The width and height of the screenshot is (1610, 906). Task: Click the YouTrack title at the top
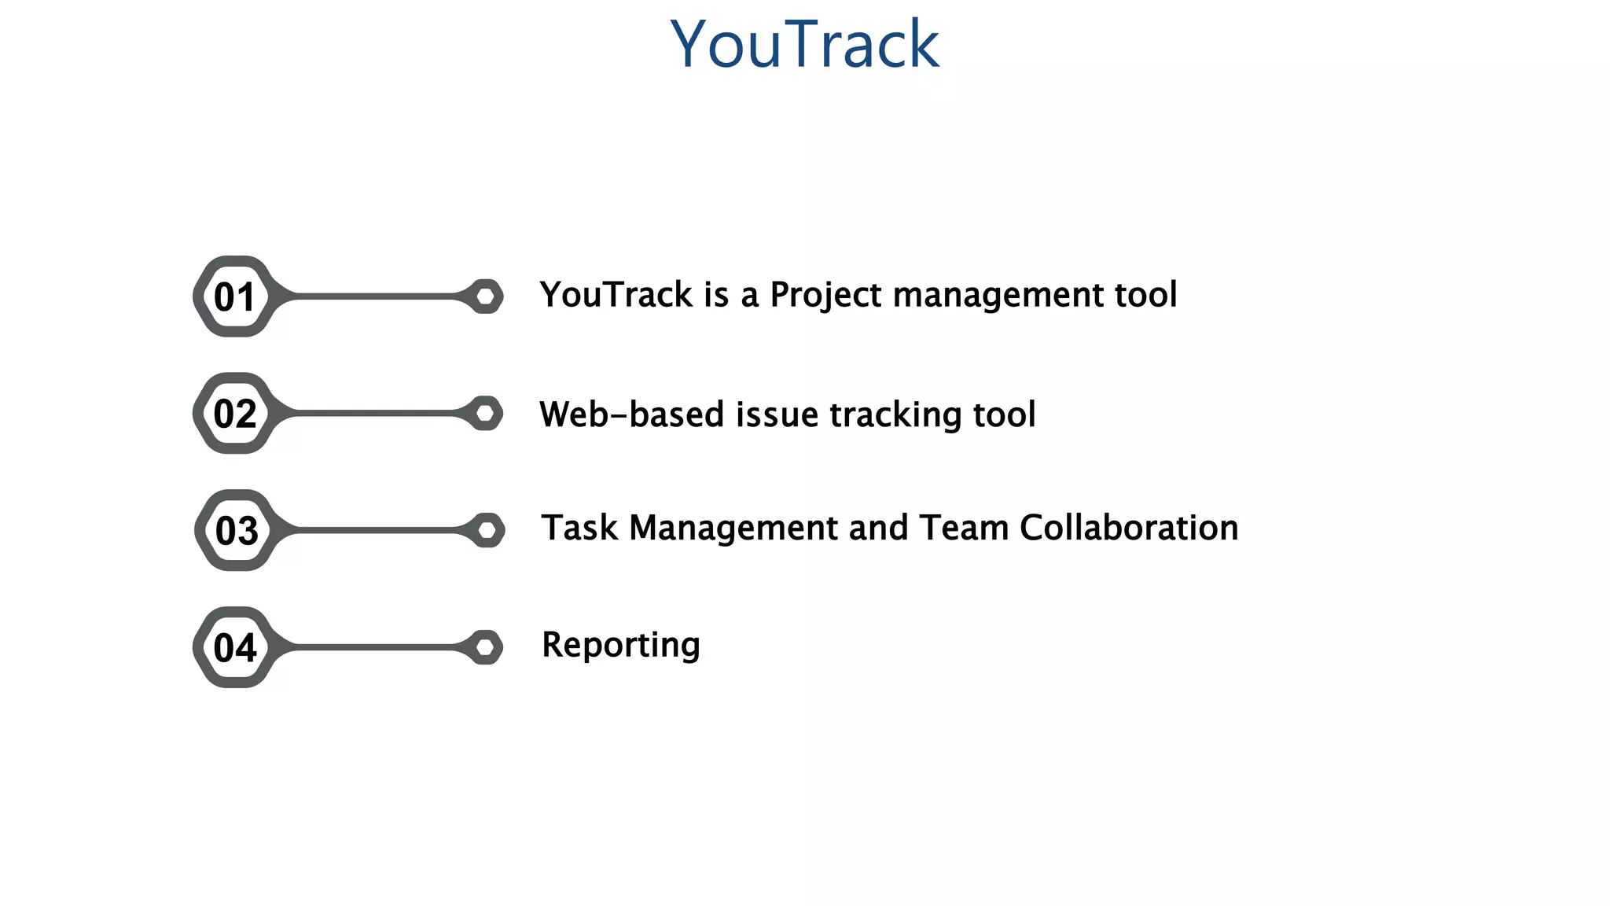(804, 44)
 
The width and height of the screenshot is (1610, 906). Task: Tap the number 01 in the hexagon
(234, 297)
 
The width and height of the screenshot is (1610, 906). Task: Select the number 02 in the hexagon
(234, 414)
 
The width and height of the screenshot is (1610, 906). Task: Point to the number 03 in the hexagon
(236, 531)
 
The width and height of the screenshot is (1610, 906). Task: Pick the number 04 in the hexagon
(234, 648)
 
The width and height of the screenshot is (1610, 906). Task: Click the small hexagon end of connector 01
(486, 296)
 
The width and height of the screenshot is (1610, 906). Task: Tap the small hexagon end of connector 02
(486, 413)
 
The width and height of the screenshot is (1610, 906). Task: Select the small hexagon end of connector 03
(487, 530)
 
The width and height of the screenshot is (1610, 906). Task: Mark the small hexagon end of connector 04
(486, 647)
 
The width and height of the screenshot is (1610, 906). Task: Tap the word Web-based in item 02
(631, 414)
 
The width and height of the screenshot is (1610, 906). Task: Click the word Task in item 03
(579, 528)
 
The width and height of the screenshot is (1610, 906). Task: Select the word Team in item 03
(964, 528)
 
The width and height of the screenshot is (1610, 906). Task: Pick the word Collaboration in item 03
(1129, 528)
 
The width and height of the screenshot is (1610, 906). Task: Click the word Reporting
(621, 646)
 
